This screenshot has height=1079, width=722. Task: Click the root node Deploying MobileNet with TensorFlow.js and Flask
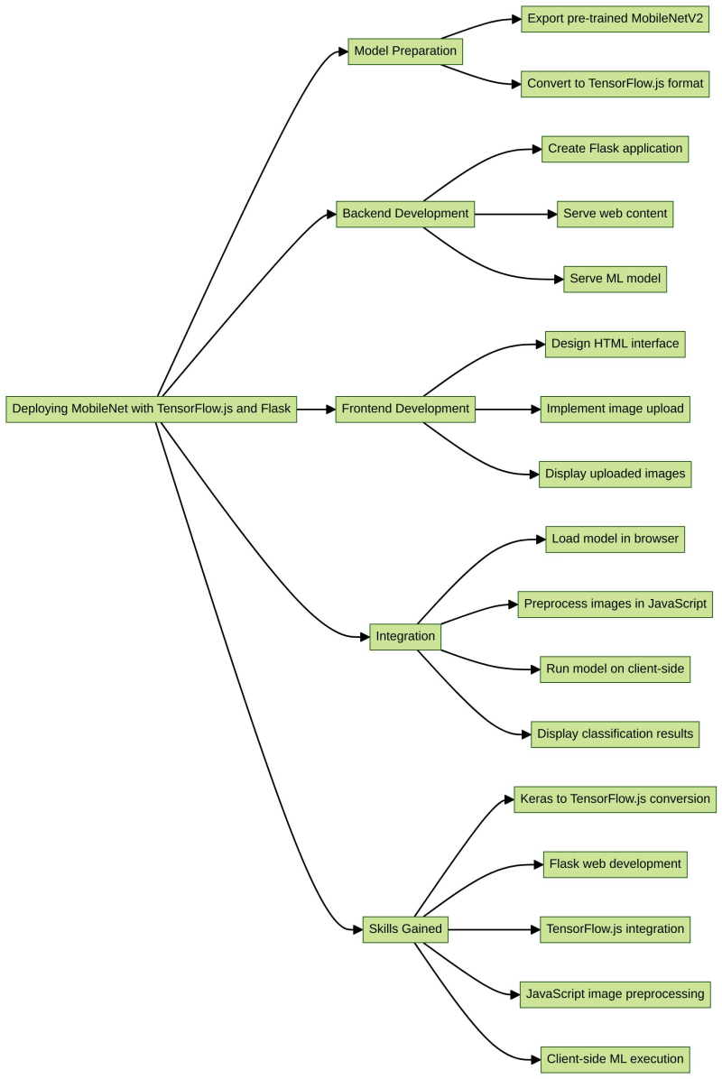click(152, 409)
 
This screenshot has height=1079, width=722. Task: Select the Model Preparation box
click(405, 51)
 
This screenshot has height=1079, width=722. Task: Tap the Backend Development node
click(405, 214)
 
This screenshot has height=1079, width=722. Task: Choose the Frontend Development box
click(405, 409)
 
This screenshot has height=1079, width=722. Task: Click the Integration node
click(405, 636)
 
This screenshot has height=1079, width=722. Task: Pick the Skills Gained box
click(405, 929)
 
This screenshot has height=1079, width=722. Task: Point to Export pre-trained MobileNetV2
click(615, 19)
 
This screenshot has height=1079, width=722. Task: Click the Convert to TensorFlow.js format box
click(615, 84)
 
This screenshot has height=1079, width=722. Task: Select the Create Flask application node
click(615, 149)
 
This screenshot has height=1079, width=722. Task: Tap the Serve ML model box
click(615, 279)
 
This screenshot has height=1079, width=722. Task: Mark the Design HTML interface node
click(615, 344)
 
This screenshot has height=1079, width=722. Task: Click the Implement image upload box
click(615, 409)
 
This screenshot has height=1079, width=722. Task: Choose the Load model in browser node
click(615, 539)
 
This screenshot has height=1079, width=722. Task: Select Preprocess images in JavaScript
click(615, 604)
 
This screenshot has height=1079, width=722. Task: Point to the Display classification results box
click(615, 733)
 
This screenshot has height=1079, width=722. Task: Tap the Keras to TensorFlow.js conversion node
click(615, 798)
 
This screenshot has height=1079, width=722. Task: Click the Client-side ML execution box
click(615, 1058)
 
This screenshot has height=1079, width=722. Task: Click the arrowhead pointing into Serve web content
click(551, 214)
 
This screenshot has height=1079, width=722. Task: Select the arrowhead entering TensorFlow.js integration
click(534, 929)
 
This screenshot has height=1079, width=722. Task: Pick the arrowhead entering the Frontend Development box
click(329, 409)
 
